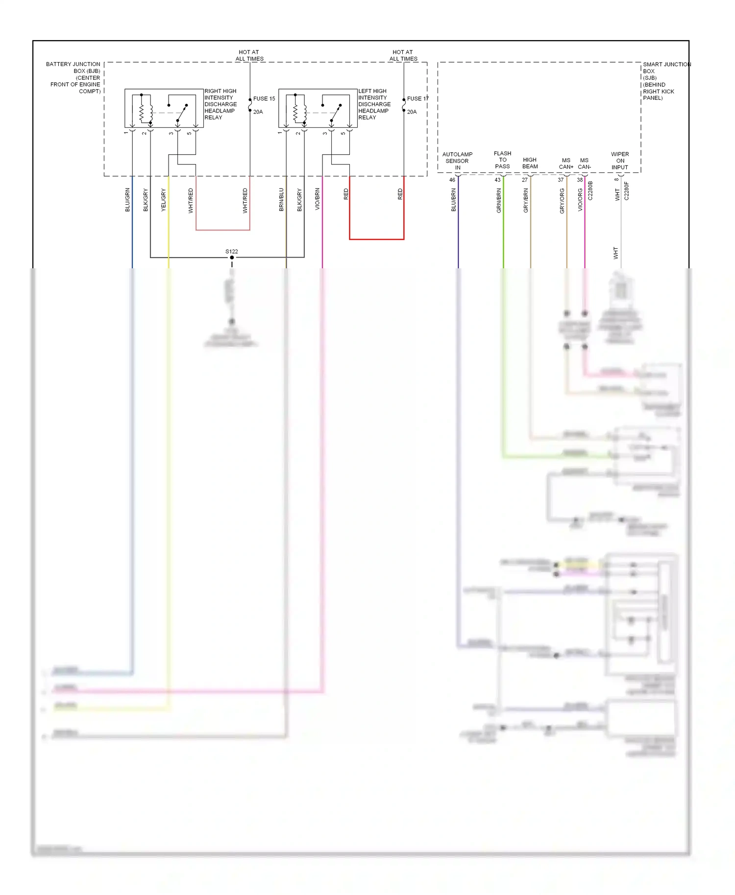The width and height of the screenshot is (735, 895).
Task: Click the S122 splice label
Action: pos(232,251)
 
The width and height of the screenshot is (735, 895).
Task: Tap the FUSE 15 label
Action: pos(264,98)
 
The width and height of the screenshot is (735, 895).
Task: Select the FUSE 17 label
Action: pos(417,98)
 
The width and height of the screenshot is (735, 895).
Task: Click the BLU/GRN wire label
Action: pos(127,200)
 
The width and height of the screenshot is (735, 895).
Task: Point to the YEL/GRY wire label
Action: pos(164,200)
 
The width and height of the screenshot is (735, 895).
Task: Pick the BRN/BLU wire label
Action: pos(281,200)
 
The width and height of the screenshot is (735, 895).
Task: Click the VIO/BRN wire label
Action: pos(318,200)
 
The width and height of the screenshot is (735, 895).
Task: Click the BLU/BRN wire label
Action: pos(454,200)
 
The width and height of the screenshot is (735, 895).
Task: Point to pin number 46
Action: pos(452,180)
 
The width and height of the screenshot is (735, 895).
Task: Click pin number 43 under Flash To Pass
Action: pos(497,180)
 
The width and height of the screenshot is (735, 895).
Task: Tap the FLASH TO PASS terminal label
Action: pos(502,160)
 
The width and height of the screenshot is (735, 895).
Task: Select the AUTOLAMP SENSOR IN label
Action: pos(457,161)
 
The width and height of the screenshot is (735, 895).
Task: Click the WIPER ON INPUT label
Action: pos(620,161)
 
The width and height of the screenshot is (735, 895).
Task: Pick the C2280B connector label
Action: pos(590,190)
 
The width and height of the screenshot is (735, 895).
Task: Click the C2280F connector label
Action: pos(626,191)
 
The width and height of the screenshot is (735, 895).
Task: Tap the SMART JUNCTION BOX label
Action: pos(666,81)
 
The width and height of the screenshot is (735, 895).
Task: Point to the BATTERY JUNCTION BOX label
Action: pos(74,77)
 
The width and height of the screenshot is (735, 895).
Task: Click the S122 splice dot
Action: pos(232,258)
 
